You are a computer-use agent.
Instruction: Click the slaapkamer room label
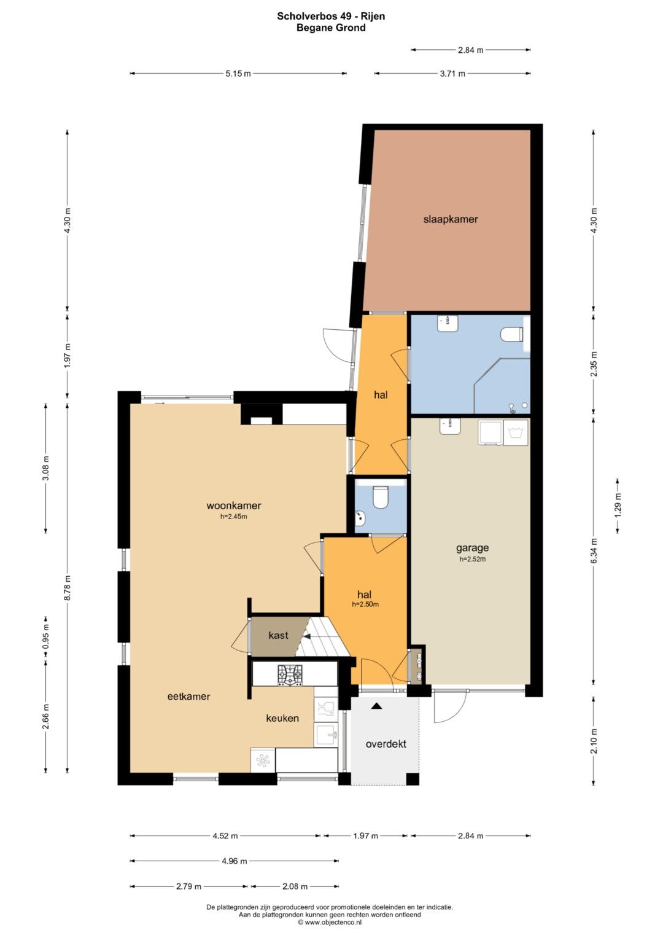(451, 219)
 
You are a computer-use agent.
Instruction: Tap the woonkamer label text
(233, 506)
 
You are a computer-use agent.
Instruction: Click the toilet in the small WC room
(381, 497)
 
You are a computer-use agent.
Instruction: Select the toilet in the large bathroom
(511, 334)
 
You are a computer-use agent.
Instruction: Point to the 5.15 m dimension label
(238, 74)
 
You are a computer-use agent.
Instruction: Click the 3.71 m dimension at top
(452, 74)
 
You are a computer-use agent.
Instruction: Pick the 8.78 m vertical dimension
(68, 587)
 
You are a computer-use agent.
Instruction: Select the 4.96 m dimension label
(235, 861)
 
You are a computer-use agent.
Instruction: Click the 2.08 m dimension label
(295, 886)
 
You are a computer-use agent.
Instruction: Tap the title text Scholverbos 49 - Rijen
(331, 17)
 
